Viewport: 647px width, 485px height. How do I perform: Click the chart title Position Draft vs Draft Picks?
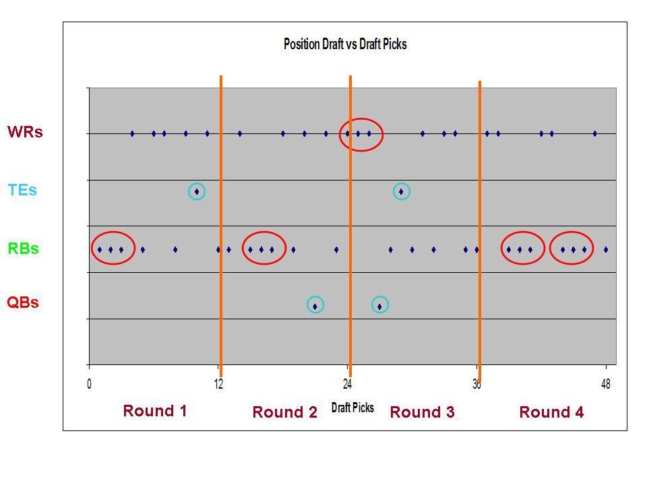pyautogui.click(x=345, y=44)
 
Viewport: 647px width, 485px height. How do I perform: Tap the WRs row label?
pyautogui.click(x=25, y=132)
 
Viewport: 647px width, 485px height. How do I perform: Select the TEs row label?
pyautogui.click(x=22, y=190)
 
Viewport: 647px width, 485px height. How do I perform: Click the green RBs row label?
pyautogui.click(x=23, y=249)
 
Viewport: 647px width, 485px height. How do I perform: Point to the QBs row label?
pyautogui.click(x=23, y=302)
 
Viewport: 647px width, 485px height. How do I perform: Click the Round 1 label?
pyautogui.click(x=154, y=411)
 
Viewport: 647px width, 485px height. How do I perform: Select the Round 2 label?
pyautogui.click(x=284, y=412)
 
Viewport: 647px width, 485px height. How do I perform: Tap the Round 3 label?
pyautogui.click(x=422, y=412)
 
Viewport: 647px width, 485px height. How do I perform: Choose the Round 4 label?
pyautogui.click(x=551, y=412)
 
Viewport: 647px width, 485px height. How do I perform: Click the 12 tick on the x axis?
pyautogui.click(x=218, y=385)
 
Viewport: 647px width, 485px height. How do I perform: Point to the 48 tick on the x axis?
pyautogui.click(x=606, y=385)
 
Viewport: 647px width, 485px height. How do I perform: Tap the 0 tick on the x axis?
pyautogui.click(x=90, y=385)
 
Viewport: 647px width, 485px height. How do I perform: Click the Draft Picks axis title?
pyautogui.click(x=352, y=408)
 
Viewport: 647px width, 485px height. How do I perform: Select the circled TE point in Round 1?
pyautogui.click(x=196, y=192)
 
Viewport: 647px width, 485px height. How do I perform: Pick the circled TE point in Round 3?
pyautogui.click(x=401, y=192)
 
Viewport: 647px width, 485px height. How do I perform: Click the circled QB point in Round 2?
pyautogui.click(x=315, y=306)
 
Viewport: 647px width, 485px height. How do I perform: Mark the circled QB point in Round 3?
pyautogui.click(x=379, y=306)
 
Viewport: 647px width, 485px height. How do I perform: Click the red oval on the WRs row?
pyautogui.click(x=361, y=134)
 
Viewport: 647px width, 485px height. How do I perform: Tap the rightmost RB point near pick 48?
pyautogui.click(x=606, y=250)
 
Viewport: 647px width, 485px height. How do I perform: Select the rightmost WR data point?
pyautogui.click(x=595, y=134)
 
